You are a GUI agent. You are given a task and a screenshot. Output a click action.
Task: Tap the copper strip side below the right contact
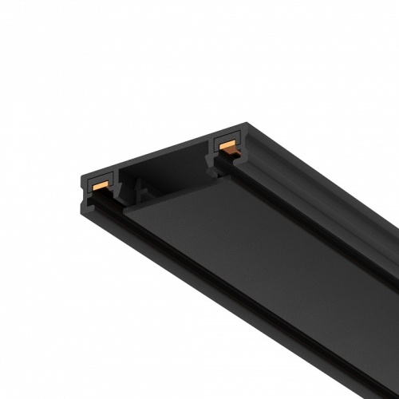pos(227,151)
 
